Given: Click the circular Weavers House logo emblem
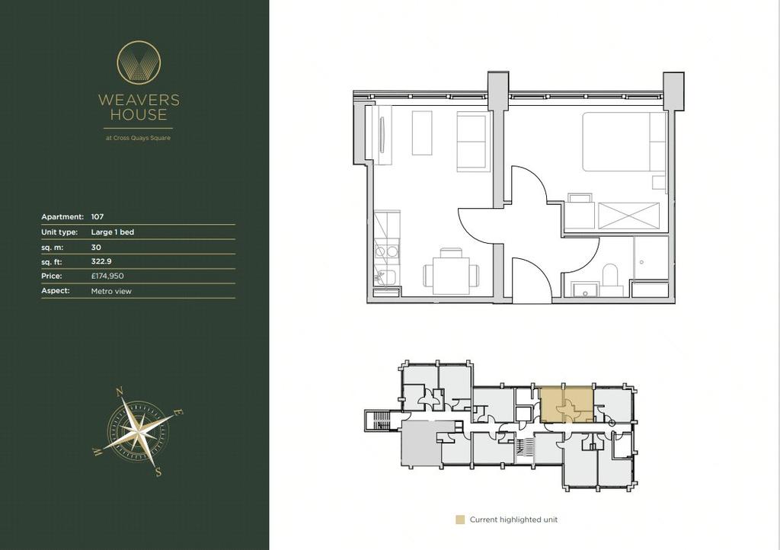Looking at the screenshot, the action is (139, 62).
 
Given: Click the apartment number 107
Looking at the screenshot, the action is (97, 217).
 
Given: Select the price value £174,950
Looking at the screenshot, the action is (107, 276).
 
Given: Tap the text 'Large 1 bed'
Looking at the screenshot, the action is (113, 232).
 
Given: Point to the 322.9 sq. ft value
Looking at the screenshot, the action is (101, 261).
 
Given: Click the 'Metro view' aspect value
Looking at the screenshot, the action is (111, 292).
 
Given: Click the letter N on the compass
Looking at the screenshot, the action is (120, 392).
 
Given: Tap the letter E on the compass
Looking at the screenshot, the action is (179, 413).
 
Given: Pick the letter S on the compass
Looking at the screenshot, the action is (158, 472).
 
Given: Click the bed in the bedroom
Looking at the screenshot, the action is (625, 142).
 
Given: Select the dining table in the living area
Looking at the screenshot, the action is (451, 276).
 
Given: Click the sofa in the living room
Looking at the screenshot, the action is (472, 142).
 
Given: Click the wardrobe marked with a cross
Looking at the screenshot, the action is (628, 216).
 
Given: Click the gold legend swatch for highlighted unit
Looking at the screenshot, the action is (460, 520).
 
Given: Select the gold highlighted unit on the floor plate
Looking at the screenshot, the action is (567, 405).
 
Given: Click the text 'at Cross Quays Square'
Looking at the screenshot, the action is (139, 138).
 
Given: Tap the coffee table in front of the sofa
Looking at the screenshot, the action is (422, 133).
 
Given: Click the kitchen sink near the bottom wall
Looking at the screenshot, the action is (386, 277).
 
